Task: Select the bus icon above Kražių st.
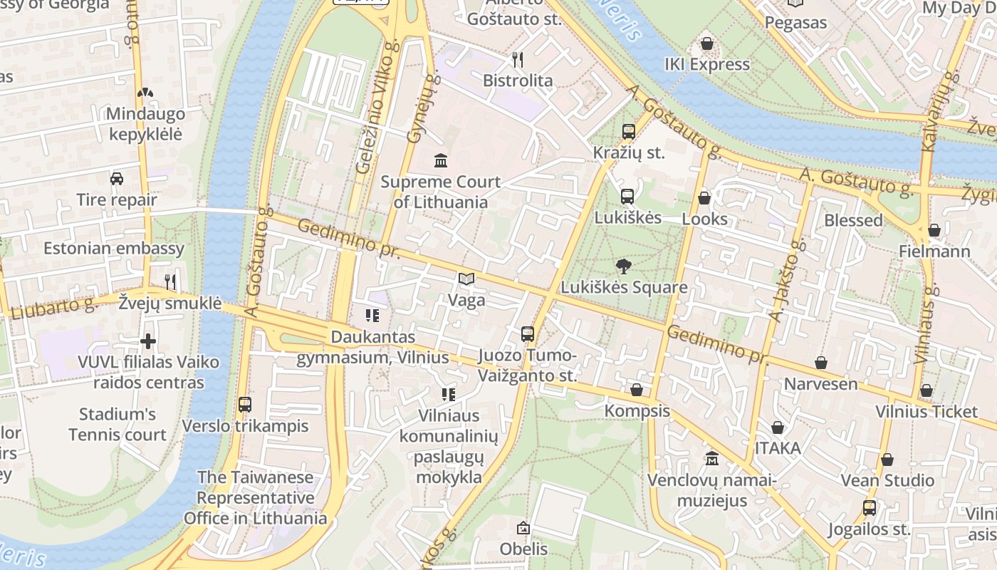click(628, 132)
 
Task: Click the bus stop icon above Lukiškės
click(627, 197)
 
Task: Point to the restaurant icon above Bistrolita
click(518, 60)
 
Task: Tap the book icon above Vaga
click(466, 279)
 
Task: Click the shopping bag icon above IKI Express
click(706, 44)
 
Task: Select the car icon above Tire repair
click(116, 179)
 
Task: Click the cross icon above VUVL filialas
click(148, 341)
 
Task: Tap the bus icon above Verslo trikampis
click(245, 405)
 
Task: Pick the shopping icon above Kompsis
click(637, 390)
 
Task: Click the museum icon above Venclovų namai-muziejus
click(711, 459)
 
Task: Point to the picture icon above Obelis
click(523, 528)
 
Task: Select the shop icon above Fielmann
click(934, 231)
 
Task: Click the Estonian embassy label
click(114, 249)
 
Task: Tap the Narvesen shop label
click(820, 384)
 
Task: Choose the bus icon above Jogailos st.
click(869, 509)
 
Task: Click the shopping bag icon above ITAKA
click(778, 427)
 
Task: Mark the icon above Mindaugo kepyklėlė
click(145, 93)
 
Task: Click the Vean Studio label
click(887, 480)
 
